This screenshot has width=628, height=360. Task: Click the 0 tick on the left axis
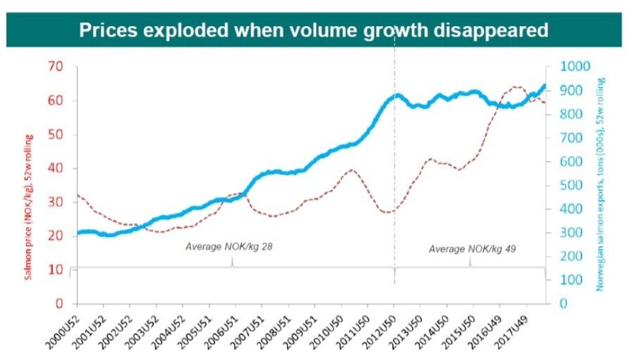[59, 304]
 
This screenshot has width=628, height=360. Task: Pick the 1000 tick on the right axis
[574, 66]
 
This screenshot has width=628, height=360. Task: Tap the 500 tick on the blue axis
[570, 185]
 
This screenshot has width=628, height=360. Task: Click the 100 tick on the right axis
[570, 280]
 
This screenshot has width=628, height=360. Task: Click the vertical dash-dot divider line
[394, 196]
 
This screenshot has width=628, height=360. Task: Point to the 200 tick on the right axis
[570, 257]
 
